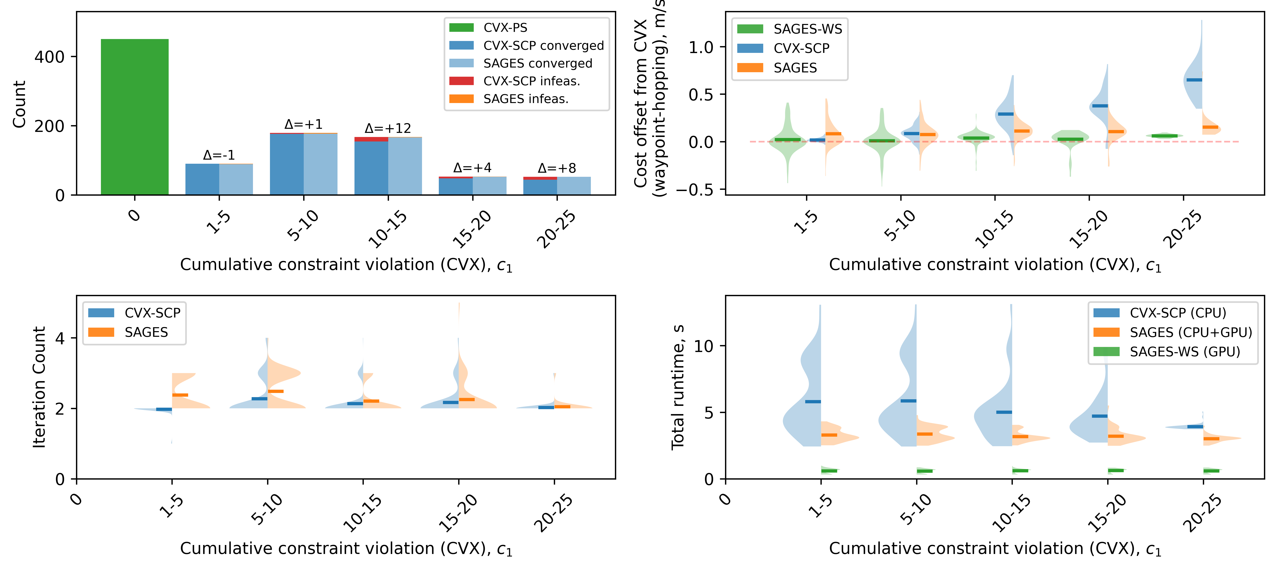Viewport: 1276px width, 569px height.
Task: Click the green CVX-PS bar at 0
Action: click(x=135, y=117)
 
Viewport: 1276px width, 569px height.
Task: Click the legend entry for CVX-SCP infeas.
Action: click(x=531, y=81)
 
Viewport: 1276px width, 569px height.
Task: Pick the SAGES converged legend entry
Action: click(x=537, y=63)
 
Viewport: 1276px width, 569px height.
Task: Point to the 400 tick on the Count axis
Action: click(x=50, y=57)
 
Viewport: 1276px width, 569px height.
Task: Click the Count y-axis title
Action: click(x=19, y=104)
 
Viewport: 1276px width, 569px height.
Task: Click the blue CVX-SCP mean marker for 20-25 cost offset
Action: click(x=1194, y=80)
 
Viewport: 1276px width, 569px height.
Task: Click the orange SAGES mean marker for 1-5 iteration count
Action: click(x=180, y=395)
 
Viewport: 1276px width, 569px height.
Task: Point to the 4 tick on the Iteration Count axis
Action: click(x=60, y=339)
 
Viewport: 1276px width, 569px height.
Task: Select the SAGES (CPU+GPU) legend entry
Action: click(x=1190, y=332)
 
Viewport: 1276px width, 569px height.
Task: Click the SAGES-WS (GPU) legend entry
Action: click(x=1184, y=352)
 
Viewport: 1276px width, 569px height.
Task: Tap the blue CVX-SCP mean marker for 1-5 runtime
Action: click(x=812, y=402)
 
